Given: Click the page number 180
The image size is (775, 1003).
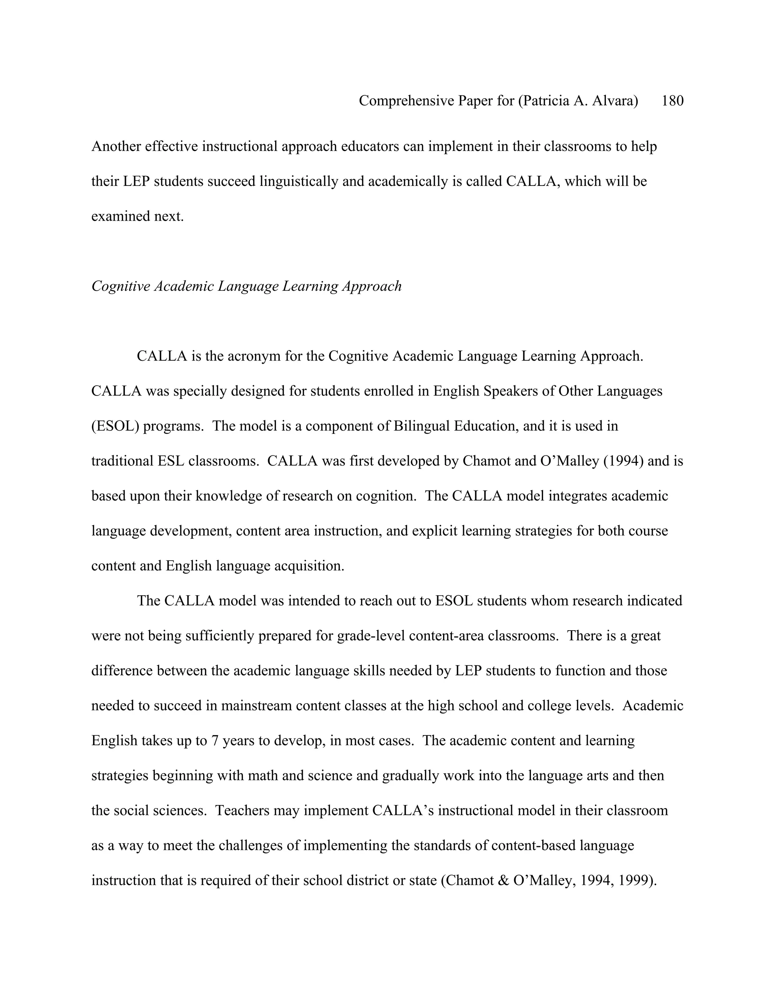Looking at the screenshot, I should (x=672, y=101).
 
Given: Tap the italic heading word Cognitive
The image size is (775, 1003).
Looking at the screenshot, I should (x=121, y=286).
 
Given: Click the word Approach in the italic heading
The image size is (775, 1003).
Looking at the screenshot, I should (x=372, y=286).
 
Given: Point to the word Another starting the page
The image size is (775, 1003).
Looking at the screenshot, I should (x=116, y=146).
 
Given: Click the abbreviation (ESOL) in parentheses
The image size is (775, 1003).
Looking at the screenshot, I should (x=115, y=426).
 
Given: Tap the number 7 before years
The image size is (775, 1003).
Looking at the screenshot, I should (x=215, y=741).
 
